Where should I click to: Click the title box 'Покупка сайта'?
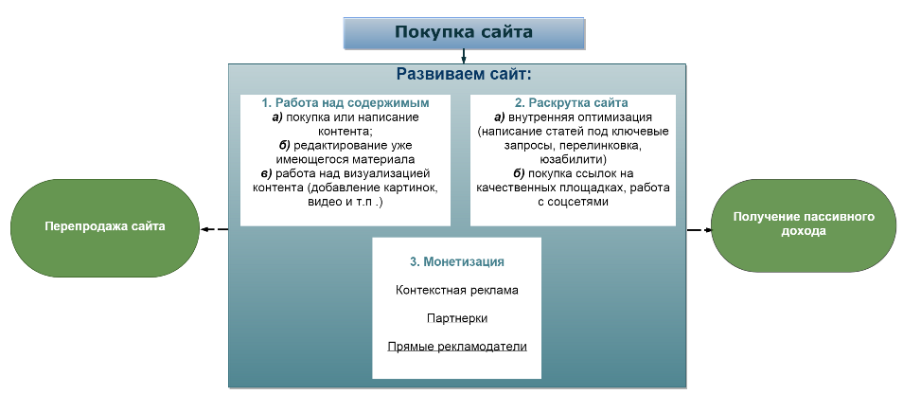pyautogui.click(x=464, y=33)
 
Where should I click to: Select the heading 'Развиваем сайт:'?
pyautogui.click(x=463, y=74)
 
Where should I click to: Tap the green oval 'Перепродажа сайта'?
pyautogui.click(x=105, y=227)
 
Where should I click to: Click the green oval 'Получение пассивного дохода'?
pyautogui.click(x=804, y=224)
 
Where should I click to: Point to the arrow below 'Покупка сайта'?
pyautogui.click(x=463, y=56)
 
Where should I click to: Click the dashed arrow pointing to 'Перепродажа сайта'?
pyautogui.click(x=214, y=229)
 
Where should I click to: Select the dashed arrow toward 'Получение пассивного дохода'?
pyautogui.click(x=699, y=230)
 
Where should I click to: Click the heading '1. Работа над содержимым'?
pyautogui.click(x=345, y=103)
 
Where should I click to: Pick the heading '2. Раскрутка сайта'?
pyautogui.click(x=572, y=103)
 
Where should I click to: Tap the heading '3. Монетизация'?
pyautogui.click(x=456, y=261)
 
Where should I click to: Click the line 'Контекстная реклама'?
pyautogui.click(x=456, y=290)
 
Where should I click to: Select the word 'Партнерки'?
pyautogui.click(x=456, y=318)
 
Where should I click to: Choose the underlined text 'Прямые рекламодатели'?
pyautogui.click(x=456, y=347)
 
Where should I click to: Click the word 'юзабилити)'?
pyautogui.click(x=573, y=159)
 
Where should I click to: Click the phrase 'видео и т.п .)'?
pyautogui.click(x=345, y=202)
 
